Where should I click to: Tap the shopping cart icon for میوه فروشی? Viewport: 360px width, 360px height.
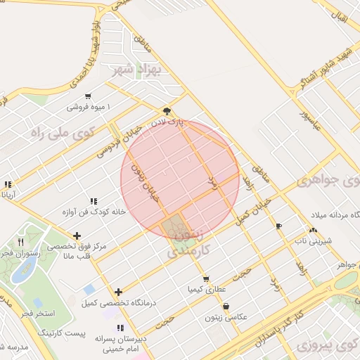tap(88, 96)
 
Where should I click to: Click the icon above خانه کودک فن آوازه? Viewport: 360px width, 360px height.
tap(94, 201)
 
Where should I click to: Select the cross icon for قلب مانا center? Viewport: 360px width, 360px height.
tap(77, 236)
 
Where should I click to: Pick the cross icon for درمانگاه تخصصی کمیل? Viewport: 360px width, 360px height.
tap(118, 292)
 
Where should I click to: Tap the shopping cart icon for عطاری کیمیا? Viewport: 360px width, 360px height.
tap(205, 278)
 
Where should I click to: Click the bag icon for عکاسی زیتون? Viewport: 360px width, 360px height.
tap(226, 307)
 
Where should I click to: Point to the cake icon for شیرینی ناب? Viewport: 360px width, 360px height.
tap(312, 230)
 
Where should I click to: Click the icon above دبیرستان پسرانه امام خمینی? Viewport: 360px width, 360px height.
tap(121, 328)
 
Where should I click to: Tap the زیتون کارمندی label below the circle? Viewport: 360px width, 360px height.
tap(186, 243)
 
